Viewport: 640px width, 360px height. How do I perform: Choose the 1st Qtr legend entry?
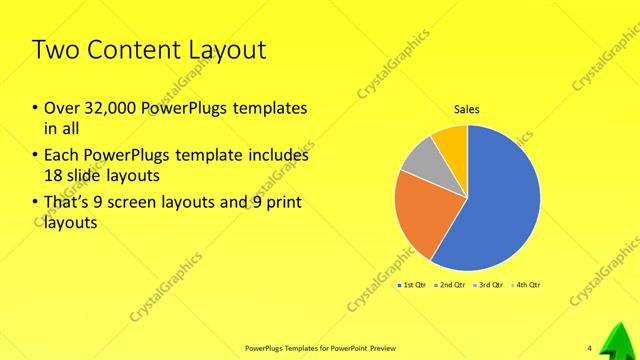click(413, 286)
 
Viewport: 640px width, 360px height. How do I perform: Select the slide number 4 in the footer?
click(589, 348)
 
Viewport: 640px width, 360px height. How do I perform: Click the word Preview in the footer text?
click(377, 348)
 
